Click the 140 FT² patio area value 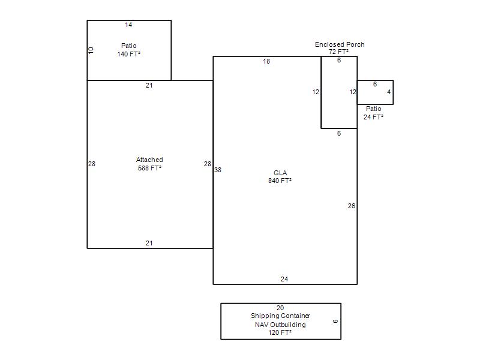[128, 54]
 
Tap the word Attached [149, 160]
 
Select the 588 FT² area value [149, 168]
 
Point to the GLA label [280, 173]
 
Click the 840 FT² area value [280, 181]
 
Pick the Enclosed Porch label [340, 44]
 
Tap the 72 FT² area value [338, 52]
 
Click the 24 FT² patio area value [373, 117]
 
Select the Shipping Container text [280, 316]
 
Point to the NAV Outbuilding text [280, 325]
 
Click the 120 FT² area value [280, 332]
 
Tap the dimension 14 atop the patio [128, 25]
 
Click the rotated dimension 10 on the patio [91, 50]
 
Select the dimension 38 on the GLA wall [218, 170]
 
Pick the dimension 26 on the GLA [352, 206]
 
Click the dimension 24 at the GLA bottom [284, 279]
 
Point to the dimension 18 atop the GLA [266, 62]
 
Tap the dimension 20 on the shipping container [280, 308]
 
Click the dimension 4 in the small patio [389, 92]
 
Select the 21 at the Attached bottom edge [149, 243]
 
